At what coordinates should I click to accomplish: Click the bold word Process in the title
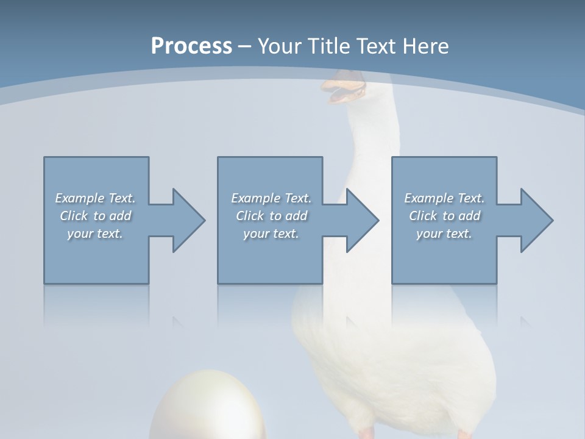point(191,46)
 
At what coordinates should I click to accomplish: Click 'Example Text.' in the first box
point(95,198)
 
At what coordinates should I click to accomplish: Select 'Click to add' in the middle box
point(271,216)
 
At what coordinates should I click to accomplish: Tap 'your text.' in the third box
point(444,234)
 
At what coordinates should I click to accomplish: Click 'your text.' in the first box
point(95,234)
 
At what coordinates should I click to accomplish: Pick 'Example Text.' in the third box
point(444,198)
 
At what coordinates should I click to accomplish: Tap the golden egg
point(195,409)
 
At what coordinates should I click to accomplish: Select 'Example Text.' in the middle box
point(271,198)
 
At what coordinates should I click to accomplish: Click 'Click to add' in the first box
point(95,216)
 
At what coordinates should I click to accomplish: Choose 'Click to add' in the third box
point(444,216)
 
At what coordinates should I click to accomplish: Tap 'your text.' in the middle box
point(271,234)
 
